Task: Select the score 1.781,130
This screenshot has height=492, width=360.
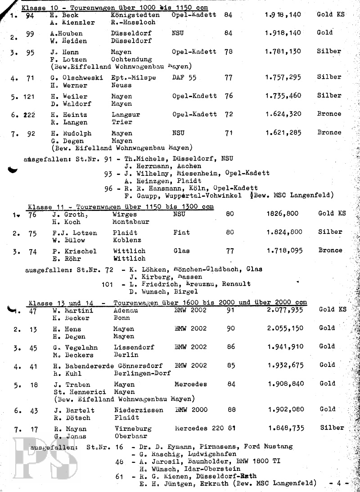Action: click(283, 52)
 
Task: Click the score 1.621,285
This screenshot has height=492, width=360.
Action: click(283, 133)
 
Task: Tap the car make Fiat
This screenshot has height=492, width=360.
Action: click(181, 233)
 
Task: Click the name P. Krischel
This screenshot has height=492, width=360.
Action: click(74, 251)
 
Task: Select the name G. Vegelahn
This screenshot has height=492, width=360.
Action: click(75, 347)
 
